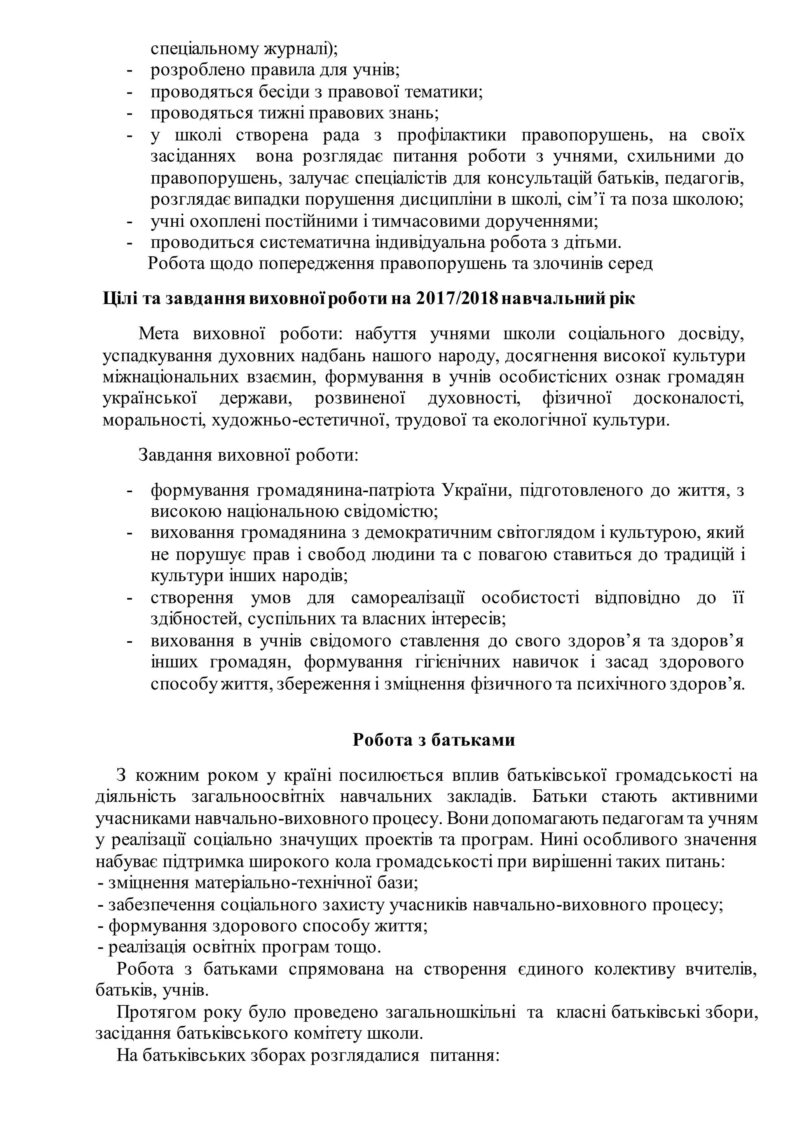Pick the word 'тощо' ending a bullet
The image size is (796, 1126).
point(361,948)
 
